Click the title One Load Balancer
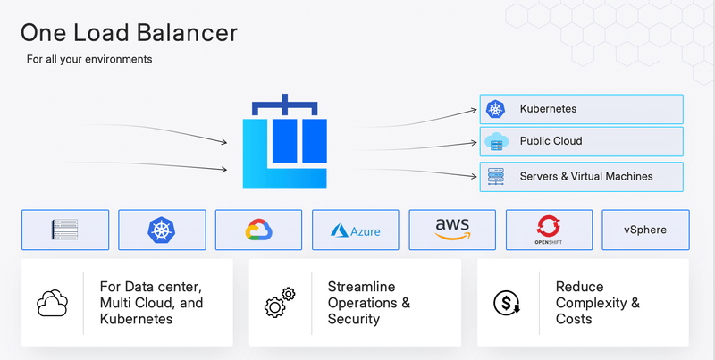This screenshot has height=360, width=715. coord(129,33)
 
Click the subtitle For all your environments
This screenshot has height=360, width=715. coord(89,60)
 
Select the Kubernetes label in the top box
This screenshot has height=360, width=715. coord(548,109)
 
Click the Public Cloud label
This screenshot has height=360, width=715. coord(551,141)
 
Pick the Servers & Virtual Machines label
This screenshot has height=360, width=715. coord(585,176)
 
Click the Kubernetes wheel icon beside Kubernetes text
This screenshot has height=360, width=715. coord(495,109)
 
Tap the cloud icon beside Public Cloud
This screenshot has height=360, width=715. coord(495,141)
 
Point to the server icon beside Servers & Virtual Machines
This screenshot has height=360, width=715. coord(495,176)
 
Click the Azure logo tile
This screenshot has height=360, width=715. coord(356,230)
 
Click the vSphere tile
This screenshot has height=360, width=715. coord(645,230)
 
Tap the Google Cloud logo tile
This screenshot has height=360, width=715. coord(259,230)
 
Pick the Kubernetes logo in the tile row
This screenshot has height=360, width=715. coord(162,230)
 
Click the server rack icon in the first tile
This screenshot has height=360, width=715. coord(65,230)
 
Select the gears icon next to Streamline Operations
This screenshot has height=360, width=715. coord(280,304)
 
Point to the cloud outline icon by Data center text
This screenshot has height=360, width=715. coord(52,304)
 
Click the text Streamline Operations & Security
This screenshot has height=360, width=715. coord(368,303)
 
